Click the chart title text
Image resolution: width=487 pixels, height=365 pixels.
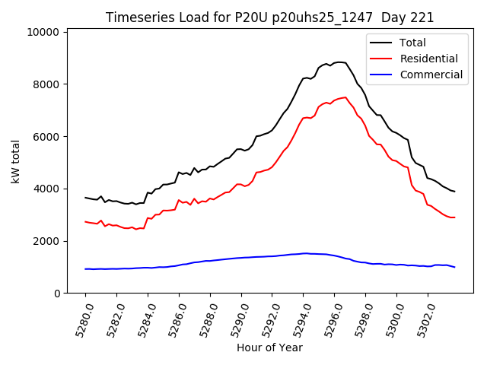point(269,17)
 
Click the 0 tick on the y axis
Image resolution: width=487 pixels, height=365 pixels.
point(56,294)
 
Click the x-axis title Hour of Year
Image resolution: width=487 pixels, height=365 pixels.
point(269,348)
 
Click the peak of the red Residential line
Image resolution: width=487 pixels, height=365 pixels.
point(345,97)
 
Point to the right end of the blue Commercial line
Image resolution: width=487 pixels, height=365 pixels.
point(454,267)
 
